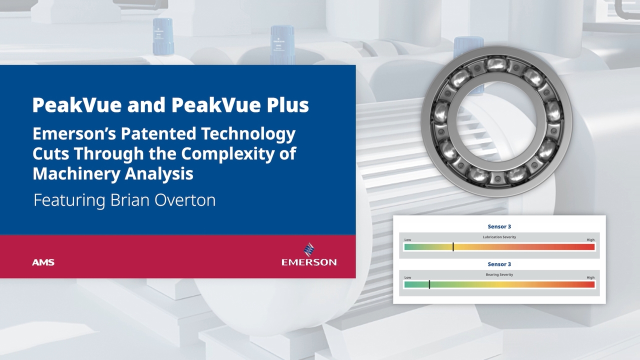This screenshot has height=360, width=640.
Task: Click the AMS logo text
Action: coord(43,262)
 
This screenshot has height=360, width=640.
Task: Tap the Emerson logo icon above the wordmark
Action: coord(309,249)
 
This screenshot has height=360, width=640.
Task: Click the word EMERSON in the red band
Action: coord(309,262)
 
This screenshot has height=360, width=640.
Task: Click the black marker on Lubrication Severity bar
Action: coord(453,246)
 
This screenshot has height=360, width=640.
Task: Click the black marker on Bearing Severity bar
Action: coord(429,284)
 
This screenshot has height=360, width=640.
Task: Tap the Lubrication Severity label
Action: coord(499,237)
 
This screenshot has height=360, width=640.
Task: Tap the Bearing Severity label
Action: coord(499,274)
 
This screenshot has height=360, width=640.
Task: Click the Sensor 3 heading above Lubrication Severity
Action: coord(499,226)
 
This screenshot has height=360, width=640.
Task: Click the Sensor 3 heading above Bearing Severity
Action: coord(499,264)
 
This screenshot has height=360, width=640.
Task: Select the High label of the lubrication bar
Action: coord(590,240)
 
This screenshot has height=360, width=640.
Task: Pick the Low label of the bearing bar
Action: coord(407,277)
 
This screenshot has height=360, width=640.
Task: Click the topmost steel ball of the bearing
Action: coord(496,63)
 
